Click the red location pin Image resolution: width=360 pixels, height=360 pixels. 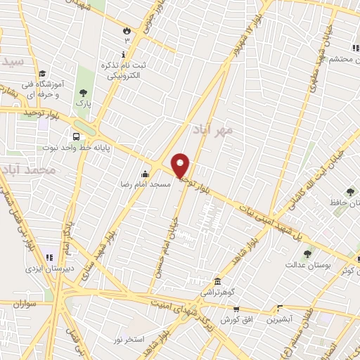[x=181, y=165]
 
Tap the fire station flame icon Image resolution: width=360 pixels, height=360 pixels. [x=127, y=32]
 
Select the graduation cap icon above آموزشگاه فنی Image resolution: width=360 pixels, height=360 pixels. [x=42, y=73]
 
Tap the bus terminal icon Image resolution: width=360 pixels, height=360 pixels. [x=75, y=136]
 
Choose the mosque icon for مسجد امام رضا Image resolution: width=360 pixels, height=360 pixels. [x=146, y=174]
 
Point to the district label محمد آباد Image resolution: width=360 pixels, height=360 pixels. [x=28, y=170]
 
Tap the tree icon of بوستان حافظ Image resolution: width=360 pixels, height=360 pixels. [x=349, y=191]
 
